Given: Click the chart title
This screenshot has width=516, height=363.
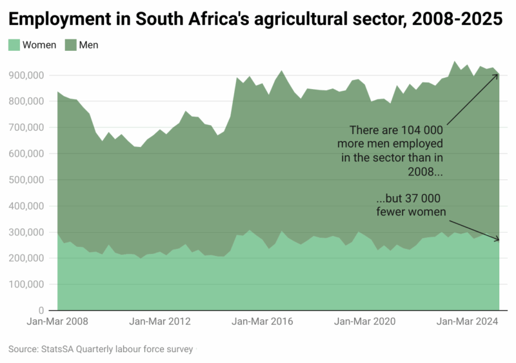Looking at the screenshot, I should [x=255, y=19].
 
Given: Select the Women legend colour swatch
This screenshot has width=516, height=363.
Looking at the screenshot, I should [x=14, y=45].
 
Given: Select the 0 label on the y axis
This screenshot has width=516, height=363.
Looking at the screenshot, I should [x=40, y=310].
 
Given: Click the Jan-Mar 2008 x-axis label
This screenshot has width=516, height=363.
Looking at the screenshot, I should [x=57, y=321].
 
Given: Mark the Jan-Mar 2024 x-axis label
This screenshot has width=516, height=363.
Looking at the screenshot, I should [x=466, y=321].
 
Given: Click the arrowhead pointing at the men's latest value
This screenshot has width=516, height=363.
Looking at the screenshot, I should [x=497, y=75].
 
